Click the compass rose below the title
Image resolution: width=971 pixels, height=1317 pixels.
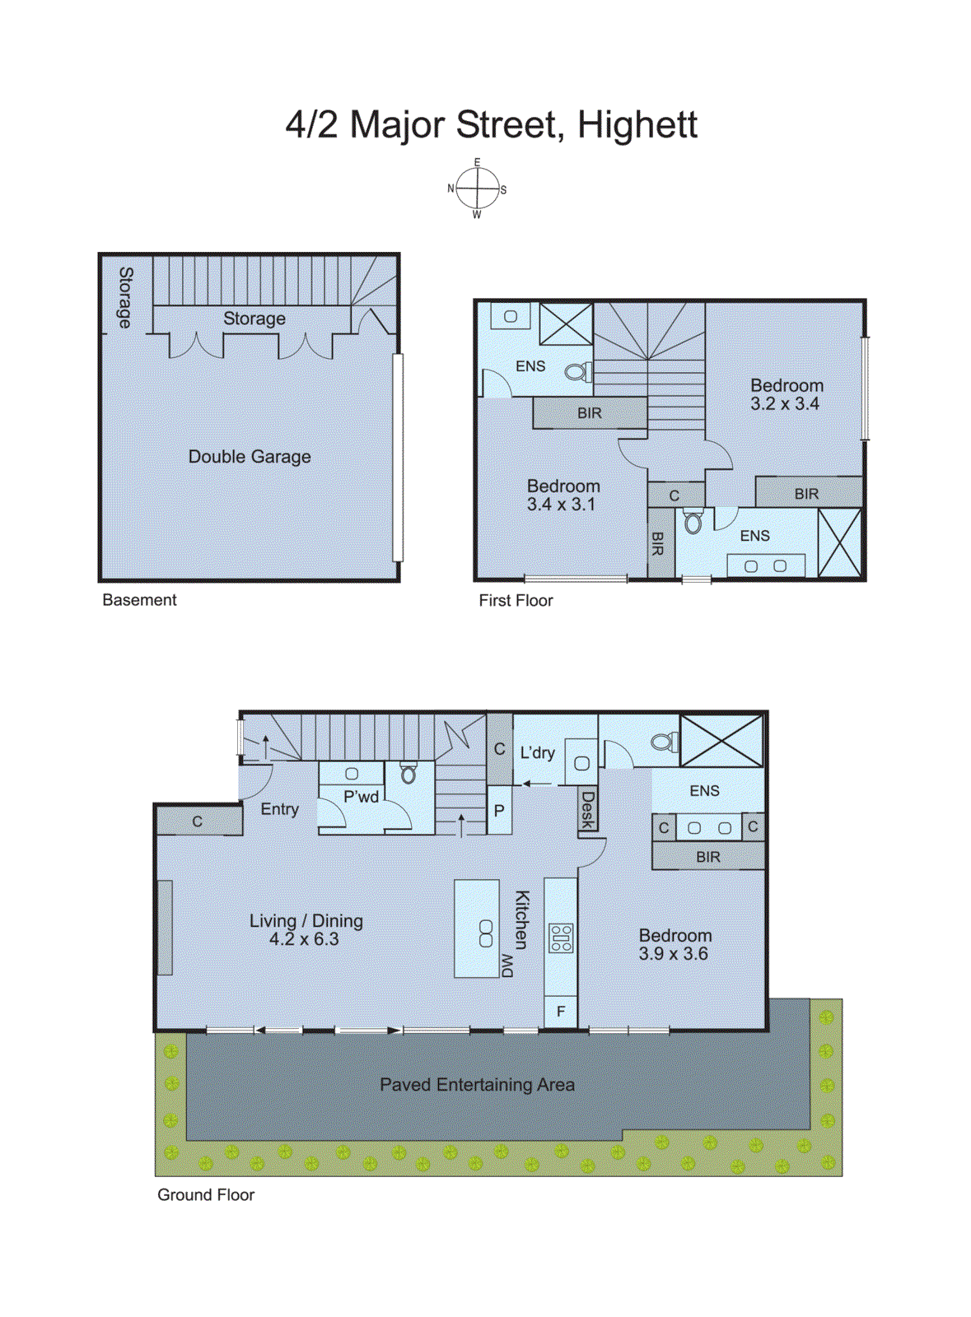477,188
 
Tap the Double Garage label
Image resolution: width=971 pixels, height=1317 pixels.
250,457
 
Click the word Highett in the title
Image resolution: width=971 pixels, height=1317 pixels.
637,125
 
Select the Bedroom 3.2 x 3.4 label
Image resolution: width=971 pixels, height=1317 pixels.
786,394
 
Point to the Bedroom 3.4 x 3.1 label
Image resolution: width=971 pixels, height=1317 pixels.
563,495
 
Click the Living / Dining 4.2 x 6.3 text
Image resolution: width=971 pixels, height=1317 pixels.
306,929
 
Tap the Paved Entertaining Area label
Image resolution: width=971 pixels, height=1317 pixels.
477,1085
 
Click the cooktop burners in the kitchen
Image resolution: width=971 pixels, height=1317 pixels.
561,938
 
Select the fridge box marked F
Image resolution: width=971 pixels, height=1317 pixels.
561,1012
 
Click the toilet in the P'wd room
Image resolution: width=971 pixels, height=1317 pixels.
408,774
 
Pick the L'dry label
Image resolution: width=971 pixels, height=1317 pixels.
537,752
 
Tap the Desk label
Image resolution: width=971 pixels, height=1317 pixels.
587,810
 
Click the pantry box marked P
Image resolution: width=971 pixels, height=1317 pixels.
499,811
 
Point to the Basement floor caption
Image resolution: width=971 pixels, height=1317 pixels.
139,600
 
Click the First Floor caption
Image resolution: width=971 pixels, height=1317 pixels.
516,601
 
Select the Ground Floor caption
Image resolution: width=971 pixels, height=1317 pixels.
206,1194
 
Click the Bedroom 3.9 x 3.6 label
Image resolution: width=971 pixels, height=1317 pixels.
675,944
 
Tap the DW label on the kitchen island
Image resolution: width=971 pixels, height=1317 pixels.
507,965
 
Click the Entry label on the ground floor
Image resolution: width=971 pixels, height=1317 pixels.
279,809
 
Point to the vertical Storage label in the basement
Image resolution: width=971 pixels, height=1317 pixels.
125,297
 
